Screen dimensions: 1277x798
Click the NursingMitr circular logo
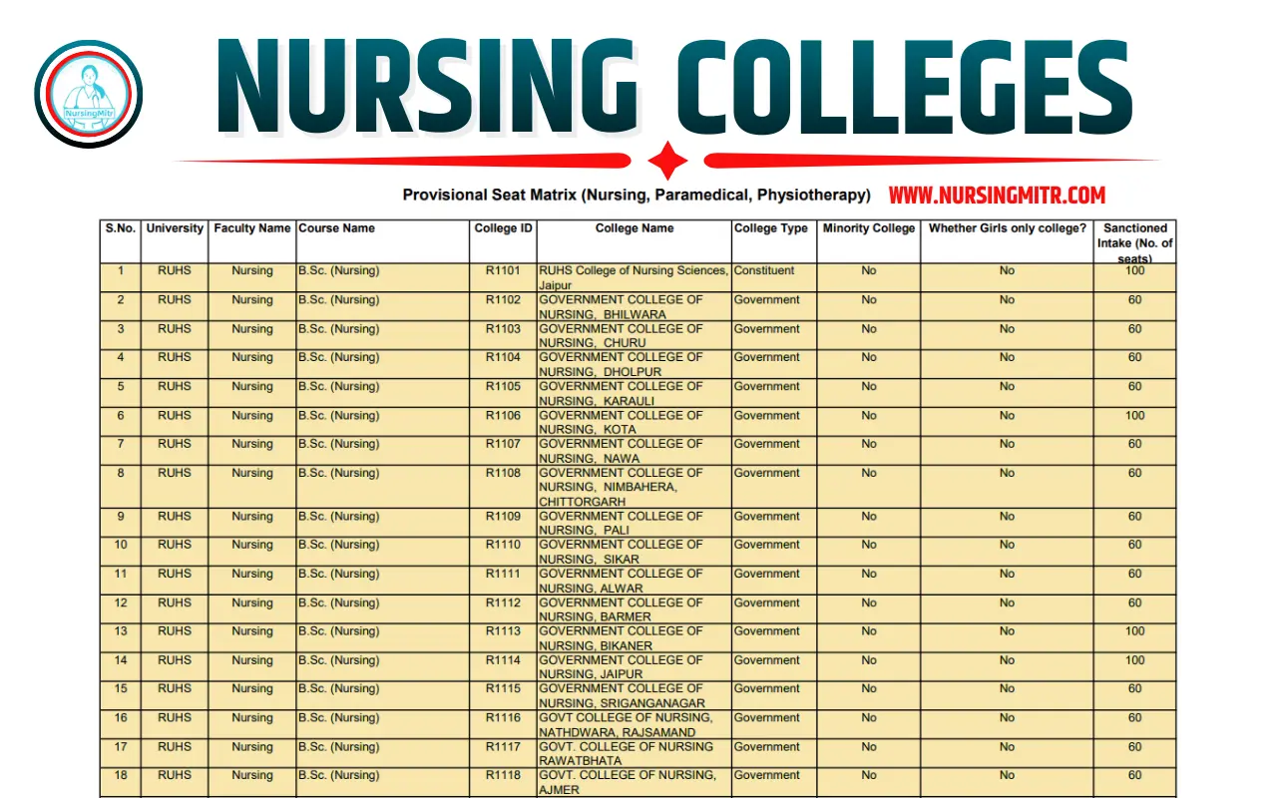88,94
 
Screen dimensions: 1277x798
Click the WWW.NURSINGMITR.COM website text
997,196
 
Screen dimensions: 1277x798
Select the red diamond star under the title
667,161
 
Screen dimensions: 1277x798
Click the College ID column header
504,228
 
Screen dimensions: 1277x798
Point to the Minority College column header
868,228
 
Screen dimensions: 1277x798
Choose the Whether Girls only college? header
1007,228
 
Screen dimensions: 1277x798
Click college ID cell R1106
504,416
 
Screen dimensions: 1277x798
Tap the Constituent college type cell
764,270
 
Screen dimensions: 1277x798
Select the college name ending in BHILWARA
621,306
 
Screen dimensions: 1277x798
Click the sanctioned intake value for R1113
1134,631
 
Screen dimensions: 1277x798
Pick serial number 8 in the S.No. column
121,473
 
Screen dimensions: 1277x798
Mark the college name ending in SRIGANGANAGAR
622,695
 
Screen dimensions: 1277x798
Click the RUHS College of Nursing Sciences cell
633,277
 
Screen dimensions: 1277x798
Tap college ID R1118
504,775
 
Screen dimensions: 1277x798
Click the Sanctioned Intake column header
1135,242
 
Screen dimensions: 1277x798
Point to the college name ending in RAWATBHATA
626,753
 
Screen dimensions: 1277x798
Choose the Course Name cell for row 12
339,602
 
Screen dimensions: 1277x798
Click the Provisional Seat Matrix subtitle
637,195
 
